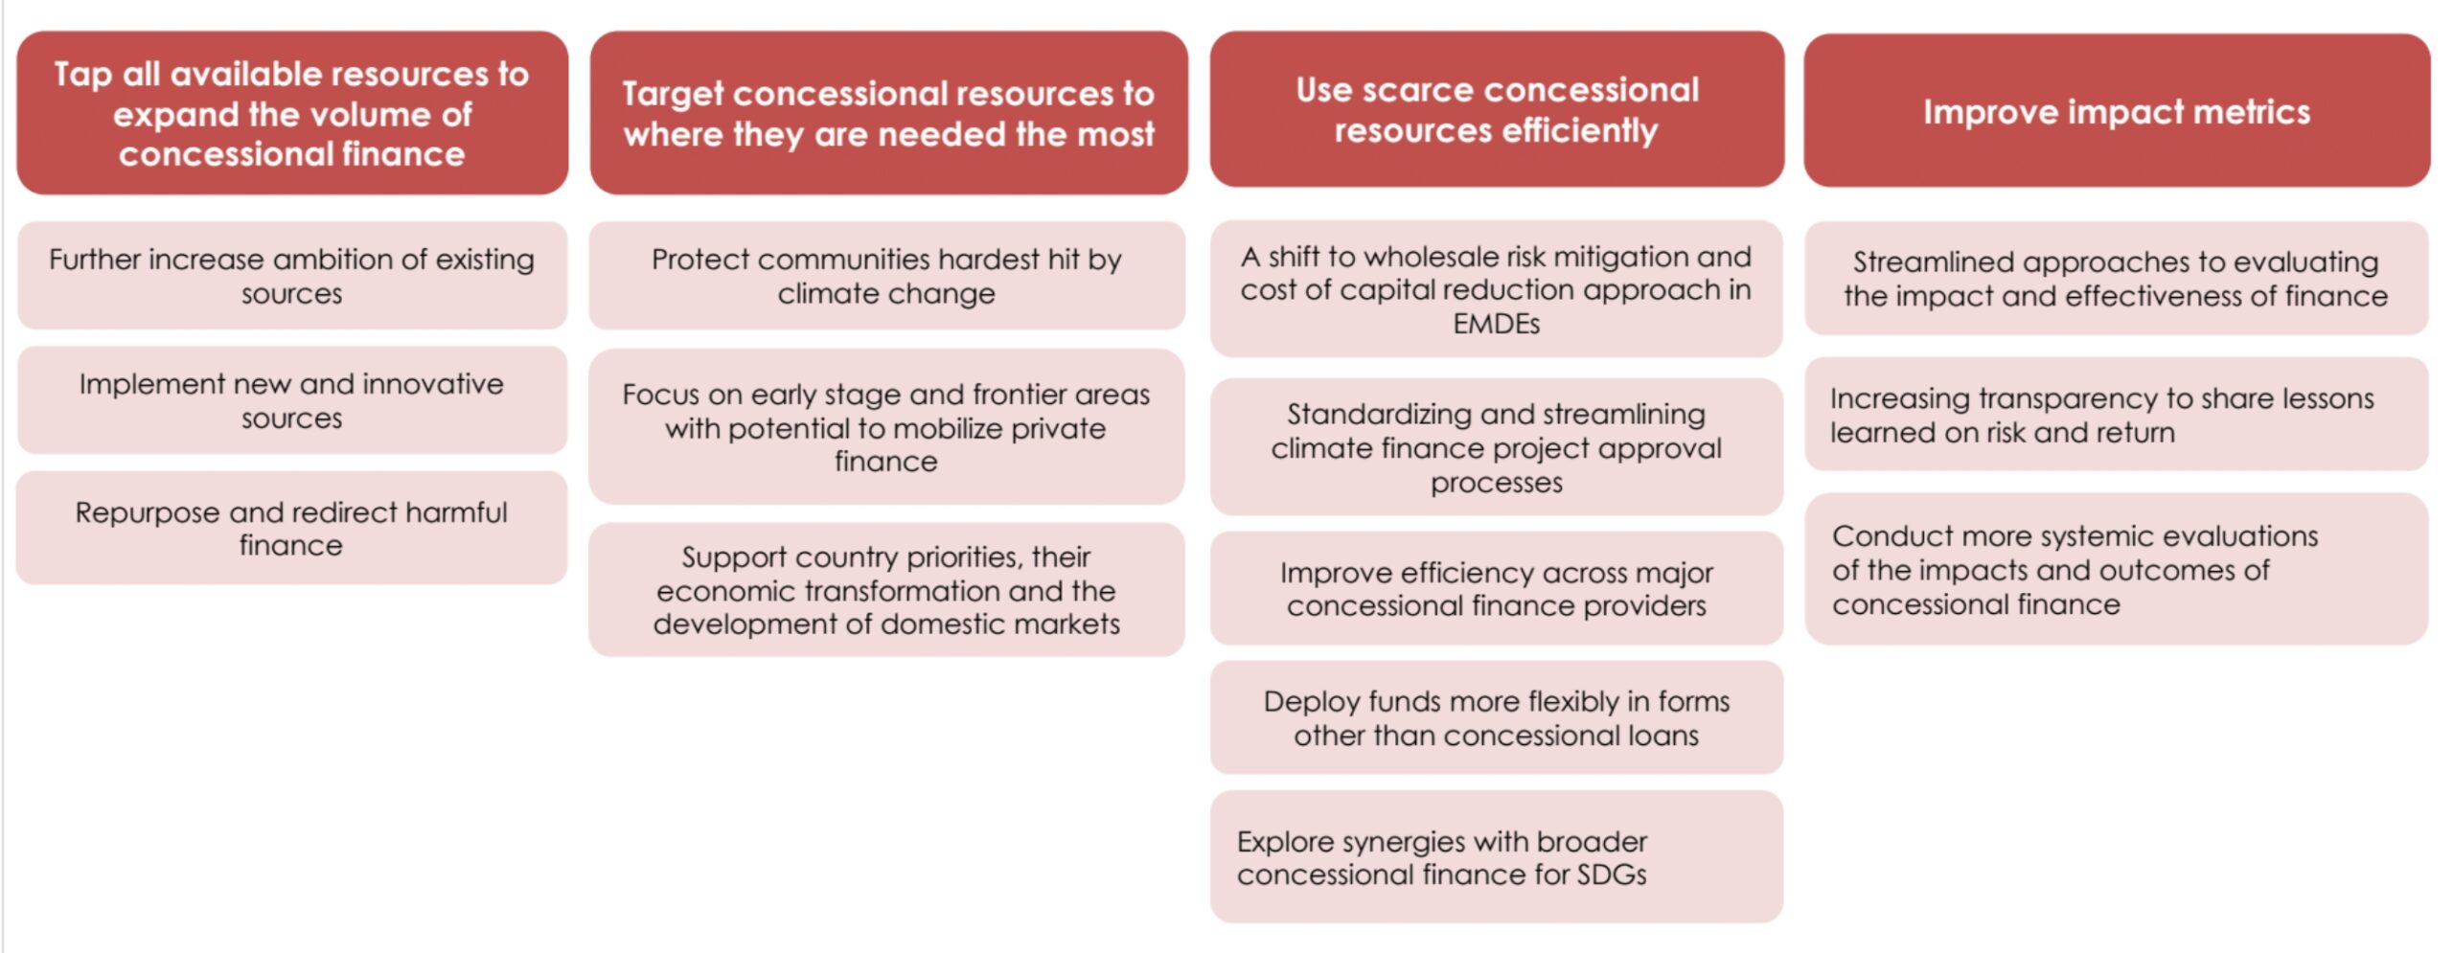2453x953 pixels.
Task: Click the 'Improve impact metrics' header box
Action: click(x=2117, y=110)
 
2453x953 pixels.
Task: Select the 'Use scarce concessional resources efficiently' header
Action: click(x=1497, y=109)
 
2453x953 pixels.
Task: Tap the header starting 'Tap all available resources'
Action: click(x=292, y=113)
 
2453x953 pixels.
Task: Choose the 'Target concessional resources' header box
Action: click(x=888, y=113)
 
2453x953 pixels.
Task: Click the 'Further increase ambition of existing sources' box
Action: click(x=292, y=276)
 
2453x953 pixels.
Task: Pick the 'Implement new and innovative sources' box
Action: click(x=292, y=400)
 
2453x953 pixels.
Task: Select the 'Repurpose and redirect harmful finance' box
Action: click(x=292, y=528)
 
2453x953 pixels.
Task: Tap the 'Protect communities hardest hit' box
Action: click(x=886, y=276)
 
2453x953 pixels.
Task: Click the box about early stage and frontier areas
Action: click(x=886, y=427)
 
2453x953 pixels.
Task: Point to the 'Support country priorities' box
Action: click(x=886, y=590)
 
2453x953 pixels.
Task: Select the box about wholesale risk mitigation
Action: click(x=1496, y=289)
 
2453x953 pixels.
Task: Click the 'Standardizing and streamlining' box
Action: click(x=1496, y=447)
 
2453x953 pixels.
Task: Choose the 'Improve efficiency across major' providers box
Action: click(x=1496, y=588)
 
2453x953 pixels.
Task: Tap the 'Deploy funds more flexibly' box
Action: click(x=1496, y=717)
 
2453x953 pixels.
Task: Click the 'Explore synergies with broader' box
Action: click(x=1496, y=857)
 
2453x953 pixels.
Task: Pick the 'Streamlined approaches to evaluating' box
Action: click(x=2117, y=279)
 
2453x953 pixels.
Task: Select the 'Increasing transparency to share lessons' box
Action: click(x=2117, y=415)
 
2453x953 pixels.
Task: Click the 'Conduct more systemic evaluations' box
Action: click(x=2117, y=569)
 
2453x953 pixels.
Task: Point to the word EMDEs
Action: click(x=1496, y=324)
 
